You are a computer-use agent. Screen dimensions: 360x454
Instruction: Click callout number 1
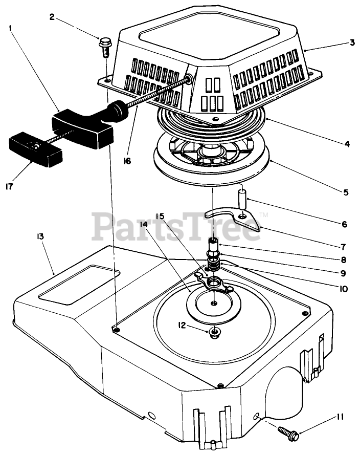click(x=10, y=30)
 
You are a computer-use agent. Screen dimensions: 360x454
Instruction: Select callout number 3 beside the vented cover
click(x=352, y=42)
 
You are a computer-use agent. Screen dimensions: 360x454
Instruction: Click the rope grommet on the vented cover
click(x=190, y=78)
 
